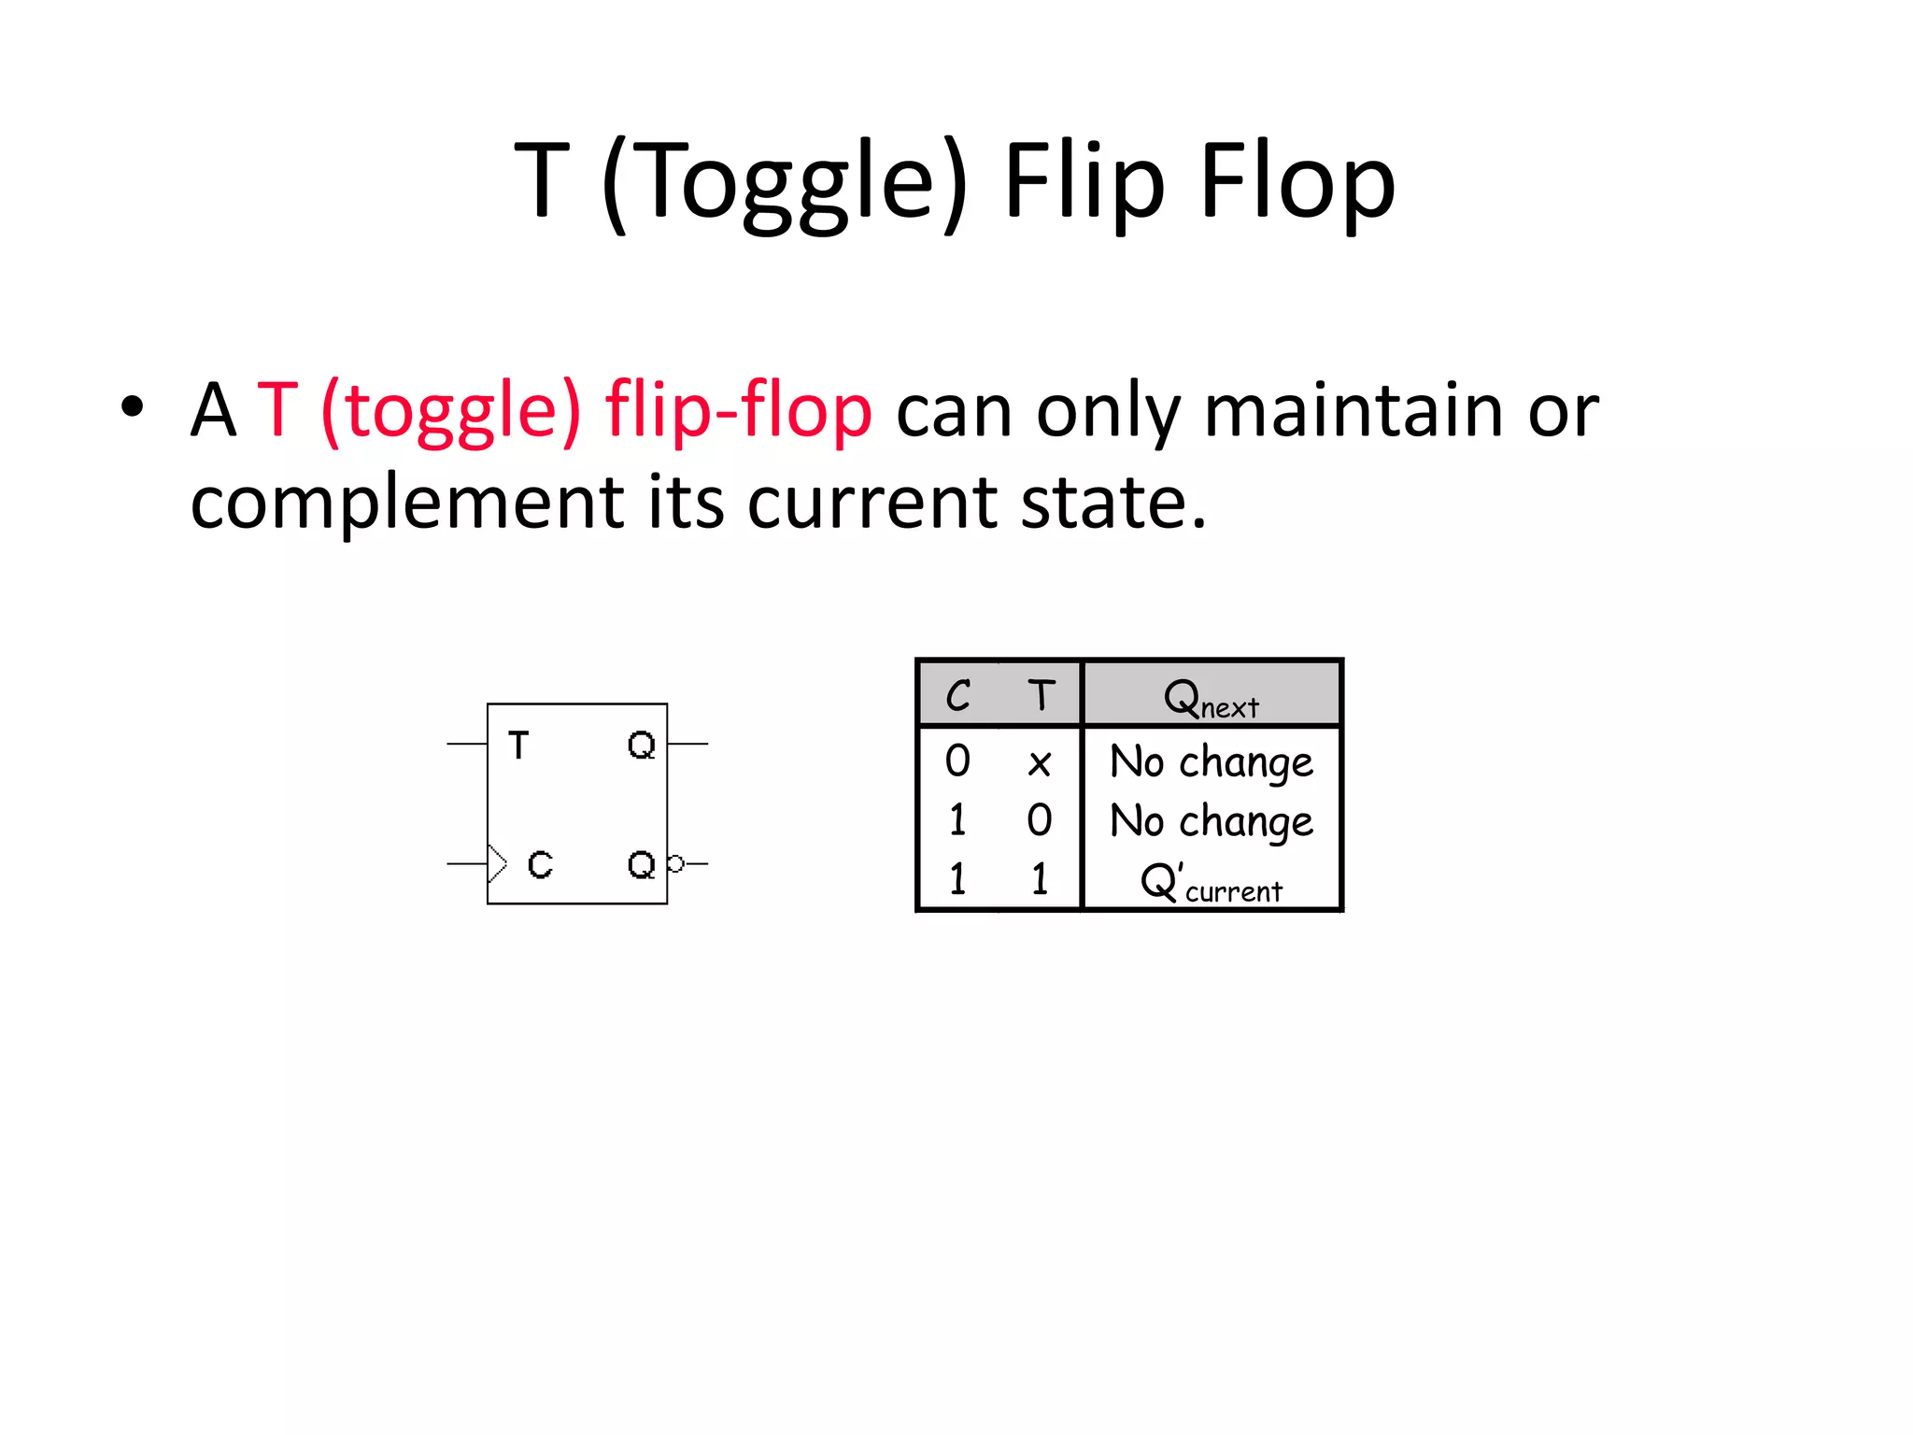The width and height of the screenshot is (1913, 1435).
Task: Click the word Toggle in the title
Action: click(x=789, y=182)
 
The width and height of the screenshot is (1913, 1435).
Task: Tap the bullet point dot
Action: click(x=133, y=407)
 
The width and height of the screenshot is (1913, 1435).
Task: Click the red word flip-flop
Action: click(x=738, y=411)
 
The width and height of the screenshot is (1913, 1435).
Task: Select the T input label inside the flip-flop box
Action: click(x=518, y=746)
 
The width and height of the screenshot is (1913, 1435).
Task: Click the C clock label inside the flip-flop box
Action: click(x=540, y=864)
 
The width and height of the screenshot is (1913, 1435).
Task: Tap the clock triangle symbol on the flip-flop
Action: click(x=497, y=863)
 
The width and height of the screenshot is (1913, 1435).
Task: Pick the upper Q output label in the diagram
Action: click(x=641, y=746)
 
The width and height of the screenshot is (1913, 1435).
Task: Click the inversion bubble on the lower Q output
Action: click(x=675, y=863)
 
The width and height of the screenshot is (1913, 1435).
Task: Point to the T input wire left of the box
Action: click(x=466, y=744)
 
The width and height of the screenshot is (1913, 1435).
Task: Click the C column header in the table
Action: click(x=957, y=695)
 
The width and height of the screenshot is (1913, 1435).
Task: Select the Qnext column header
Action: click(x=1212, y=697)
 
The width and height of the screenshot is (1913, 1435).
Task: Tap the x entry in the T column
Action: click(x=1039, y=763)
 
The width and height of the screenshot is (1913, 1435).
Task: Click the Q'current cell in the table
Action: click(x=1212, y=882)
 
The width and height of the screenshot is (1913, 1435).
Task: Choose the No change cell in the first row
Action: click(x=1212, y=761)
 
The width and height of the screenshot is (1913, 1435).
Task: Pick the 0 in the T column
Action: click(x=1039, y=820)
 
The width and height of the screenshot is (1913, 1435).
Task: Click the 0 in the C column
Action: click(x=957, y=760)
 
